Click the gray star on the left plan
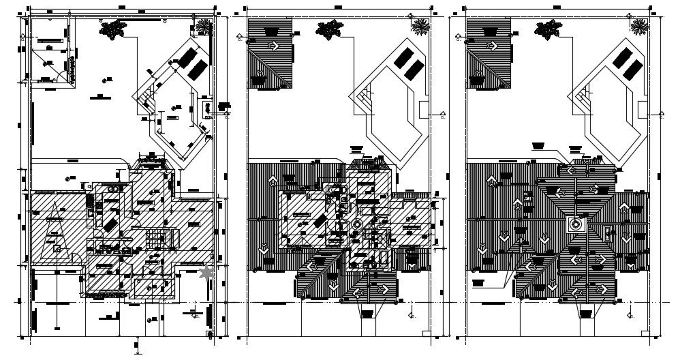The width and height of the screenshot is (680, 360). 206,273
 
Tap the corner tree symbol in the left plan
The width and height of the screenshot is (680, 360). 204,26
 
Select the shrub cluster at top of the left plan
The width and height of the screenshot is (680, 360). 113,28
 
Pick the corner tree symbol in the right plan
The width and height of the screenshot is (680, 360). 639,26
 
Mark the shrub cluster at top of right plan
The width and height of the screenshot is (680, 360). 548,29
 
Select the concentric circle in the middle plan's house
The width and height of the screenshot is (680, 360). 357,224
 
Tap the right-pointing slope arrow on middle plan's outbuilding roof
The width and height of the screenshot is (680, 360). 275,46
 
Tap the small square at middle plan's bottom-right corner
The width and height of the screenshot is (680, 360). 426,333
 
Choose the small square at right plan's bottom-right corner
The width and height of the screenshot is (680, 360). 644,333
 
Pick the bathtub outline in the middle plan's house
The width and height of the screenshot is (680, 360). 382,260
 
